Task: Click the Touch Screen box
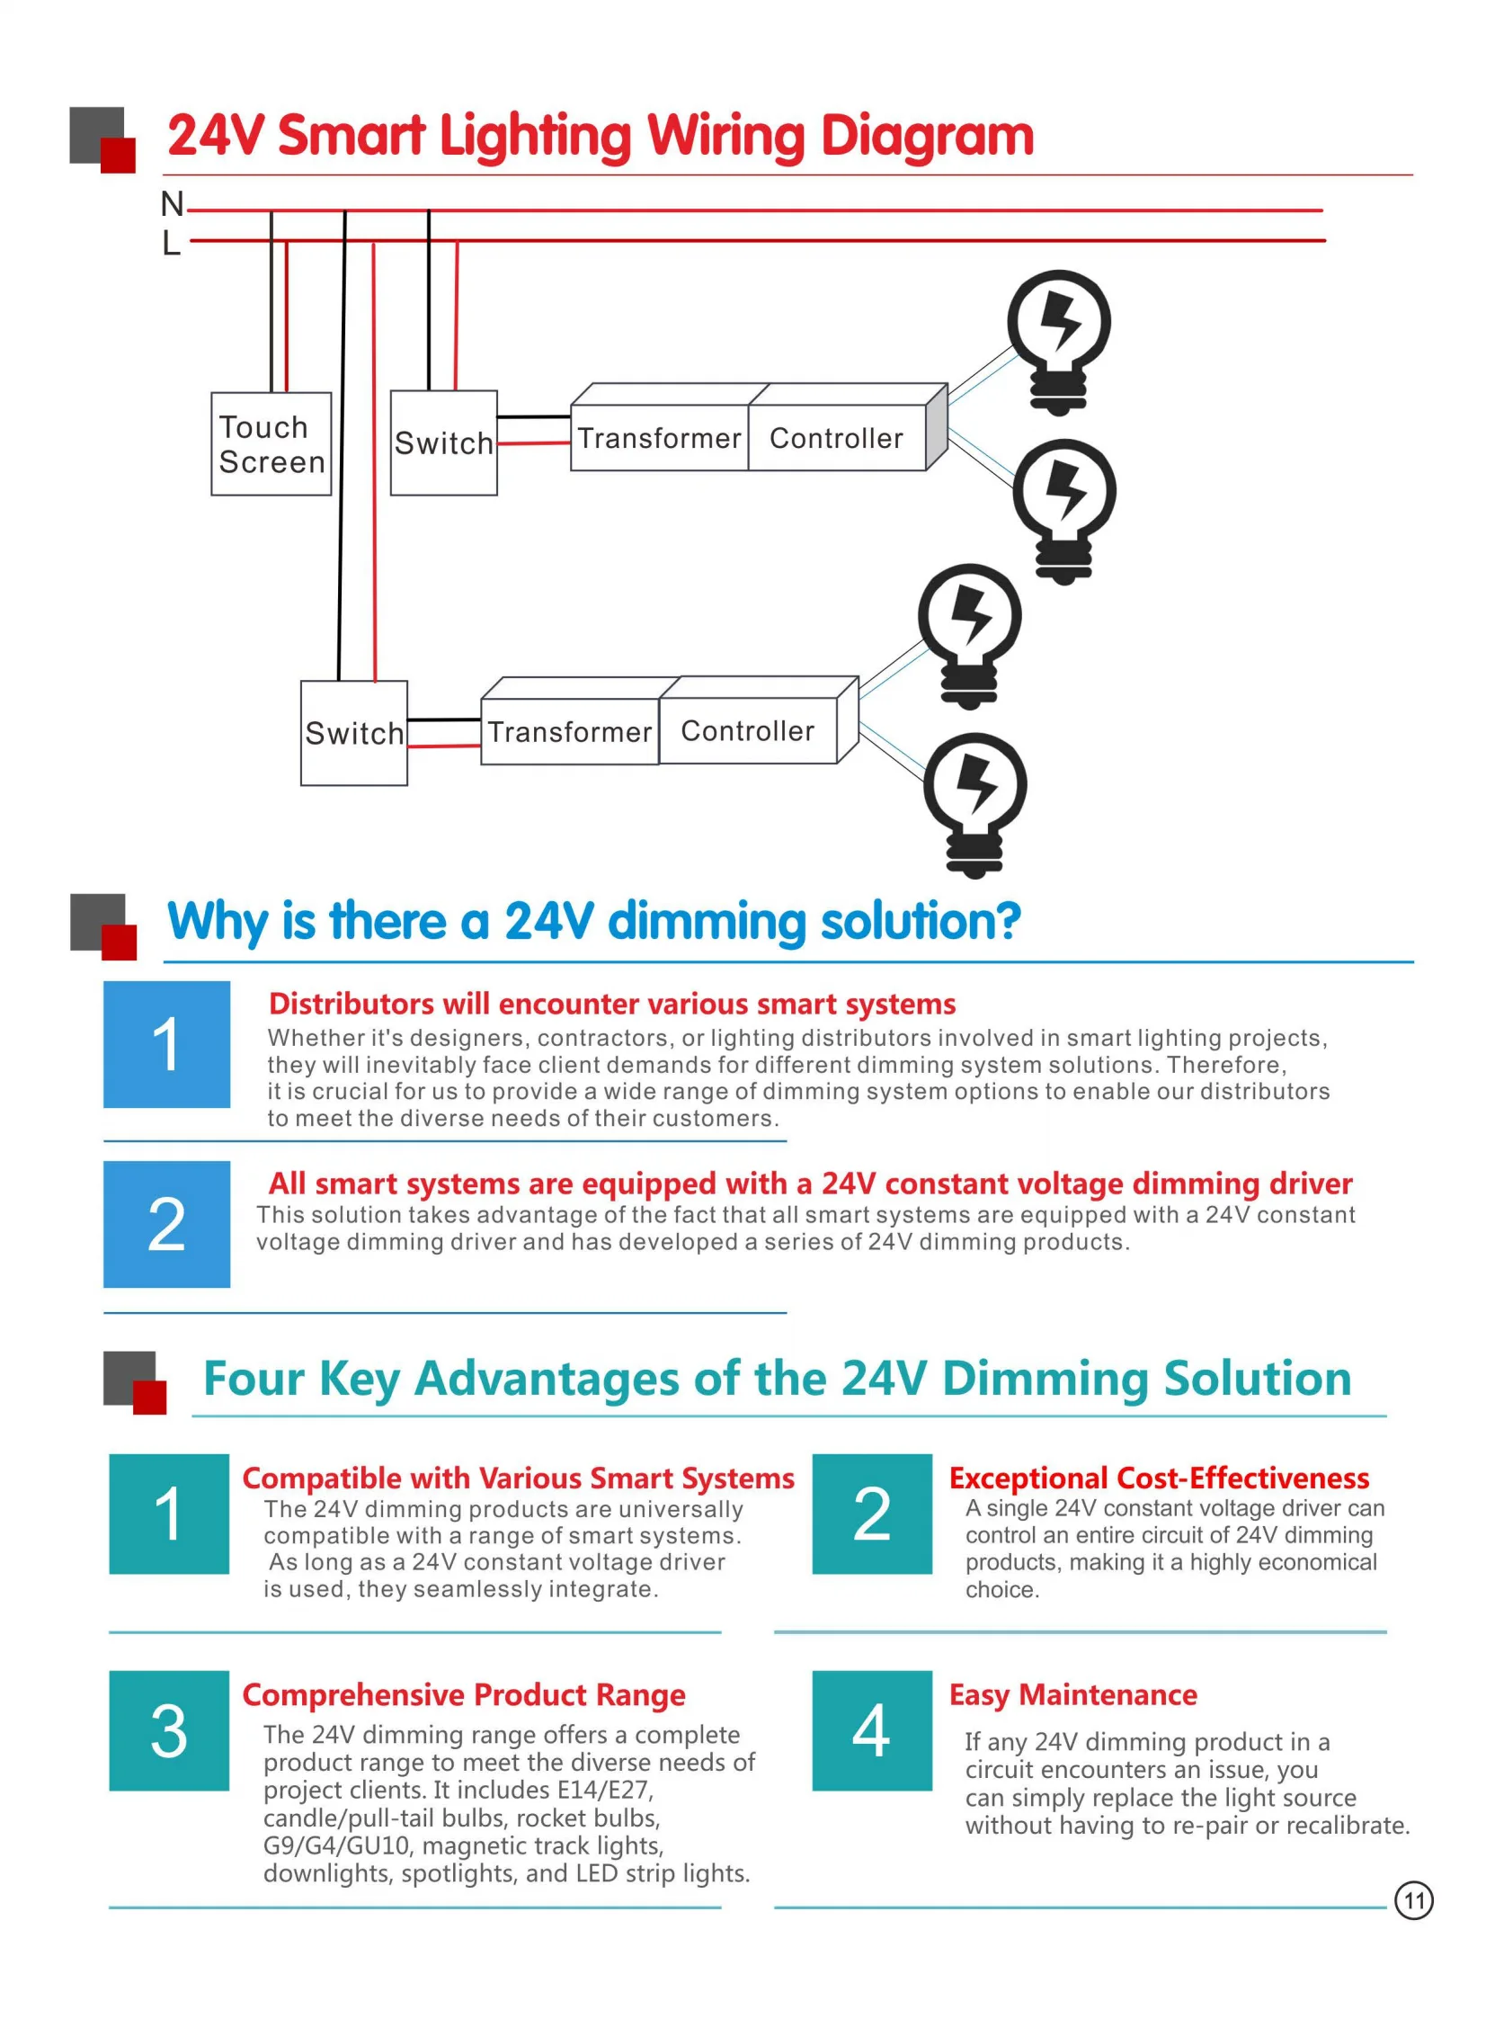pyautogui.click(x=271, y=443)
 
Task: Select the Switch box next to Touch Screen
pyautogui.click(x=443, y=442)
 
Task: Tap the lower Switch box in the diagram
pyautogui.click(x=353, y=733)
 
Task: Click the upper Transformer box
pyautogui.click(x=659, y=437)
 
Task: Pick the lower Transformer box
pyautogui.click(x=569, y=731)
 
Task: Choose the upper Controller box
pyautogui.click(x=837, y=437)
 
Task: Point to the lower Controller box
pyautogui.click(x=748, y=730)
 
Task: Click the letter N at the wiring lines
pyautogui.click(x=172, y=204)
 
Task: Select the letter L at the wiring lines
pyautogui.click(x=171, y=243)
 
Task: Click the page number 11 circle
pyautogui.click(x=1414, y=1900)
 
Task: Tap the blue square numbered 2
pyautogui.click(x=166, y=1224)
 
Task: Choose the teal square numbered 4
pyautogui.click(x=872, y=1730)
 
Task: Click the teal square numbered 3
pyautogui.click(x=169, y=1730)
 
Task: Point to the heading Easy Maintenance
pyautogui.click(x=1073, y=1694)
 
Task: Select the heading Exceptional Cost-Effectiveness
pyautogui.click(x=1159, y=1478)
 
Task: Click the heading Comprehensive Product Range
pyautogui.click(x=463, y=1694)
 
